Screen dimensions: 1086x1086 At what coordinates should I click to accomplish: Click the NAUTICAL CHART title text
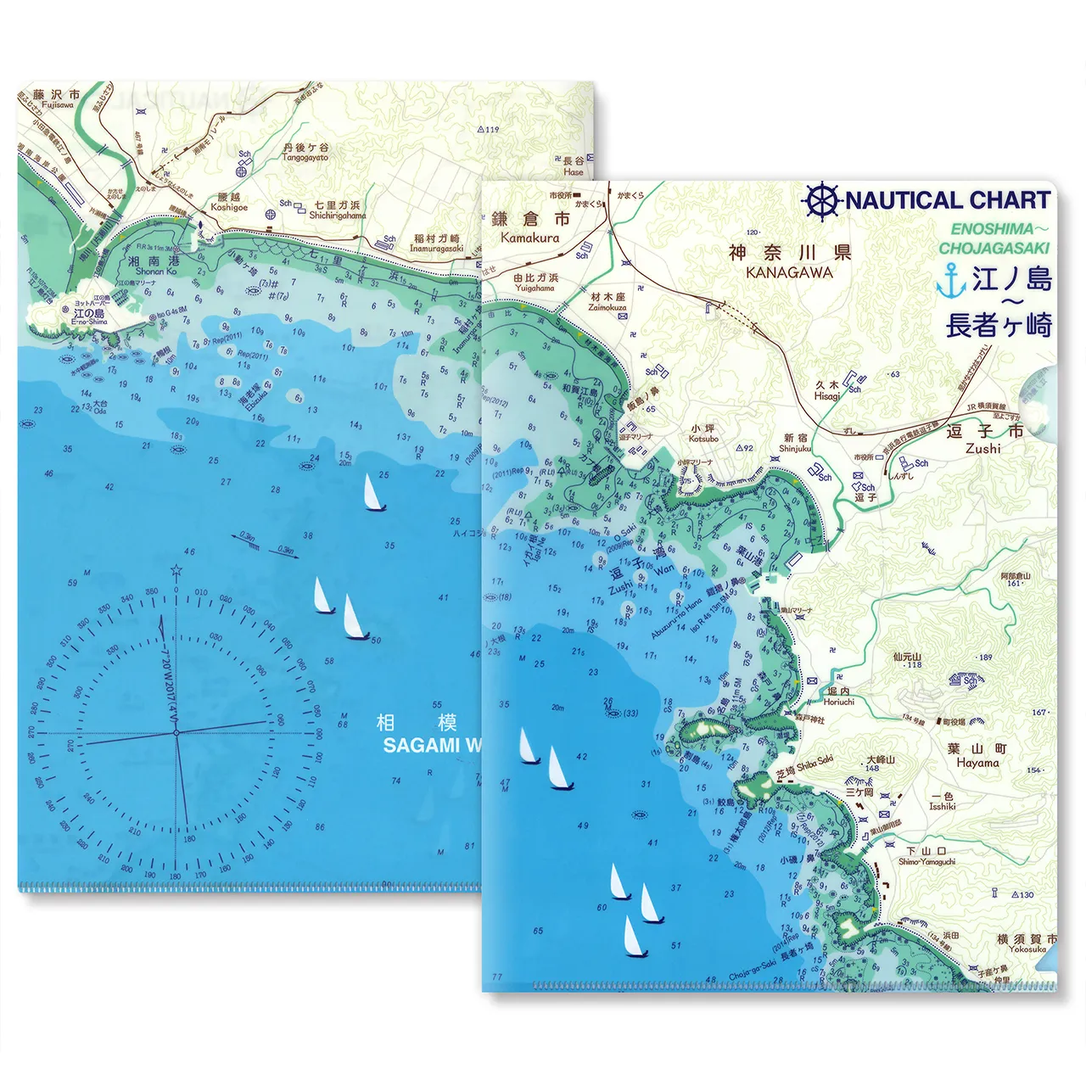point(947,200)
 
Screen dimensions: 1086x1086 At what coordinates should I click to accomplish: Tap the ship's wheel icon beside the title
point(820,201)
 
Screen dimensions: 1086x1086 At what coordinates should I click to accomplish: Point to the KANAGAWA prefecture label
point(789,273)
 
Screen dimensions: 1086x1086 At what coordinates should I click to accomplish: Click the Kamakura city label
point(529,238)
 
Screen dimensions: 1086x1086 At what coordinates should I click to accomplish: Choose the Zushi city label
point(983,448)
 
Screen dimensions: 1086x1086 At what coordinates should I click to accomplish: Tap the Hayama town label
point(977,763)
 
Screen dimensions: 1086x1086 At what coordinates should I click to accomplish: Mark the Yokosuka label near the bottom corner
point(1027,949)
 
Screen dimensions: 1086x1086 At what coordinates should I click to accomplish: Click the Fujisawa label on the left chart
point(57,105)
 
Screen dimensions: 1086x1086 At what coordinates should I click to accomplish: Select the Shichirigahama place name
point(337,216)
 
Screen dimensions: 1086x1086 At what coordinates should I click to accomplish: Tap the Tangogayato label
point(305,157)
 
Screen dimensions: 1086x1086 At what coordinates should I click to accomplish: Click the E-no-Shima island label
point(89,322)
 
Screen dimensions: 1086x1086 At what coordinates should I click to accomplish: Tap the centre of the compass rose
point(176,732)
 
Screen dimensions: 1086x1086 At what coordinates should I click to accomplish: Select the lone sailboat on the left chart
point(371,494)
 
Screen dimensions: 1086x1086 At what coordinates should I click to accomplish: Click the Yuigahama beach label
point(535,288)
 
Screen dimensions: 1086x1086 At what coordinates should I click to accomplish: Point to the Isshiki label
point(942,806)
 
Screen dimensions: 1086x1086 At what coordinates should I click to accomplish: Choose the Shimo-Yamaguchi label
point(926,861)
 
